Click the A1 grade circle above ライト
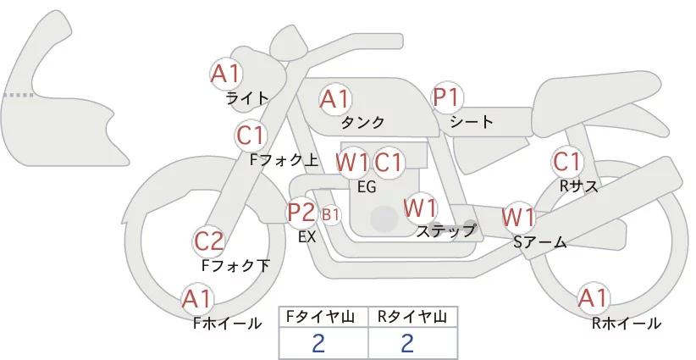pos(226,74)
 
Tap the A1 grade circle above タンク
pos(335,99)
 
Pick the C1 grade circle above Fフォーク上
pos(251,135)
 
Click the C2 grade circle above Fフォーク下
pos(209,242)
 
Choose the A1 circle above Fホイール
pos(198,299)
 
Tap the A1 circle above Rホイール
pos(593,298)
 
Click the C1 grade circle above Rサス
pos(566,161)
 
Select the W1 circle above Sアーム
pos(518,217)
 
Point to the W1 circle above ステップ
pos(420,208)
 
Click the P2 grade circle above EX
pos(301,212)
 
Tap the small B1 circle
pos(331,215)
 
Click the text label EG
pos(367,186)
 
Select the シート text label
pos(472,122)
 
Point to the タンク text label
pos(363,123)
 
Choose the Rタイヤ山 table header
pos(412,317)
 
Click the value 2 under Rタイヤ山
pos(407,343)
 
